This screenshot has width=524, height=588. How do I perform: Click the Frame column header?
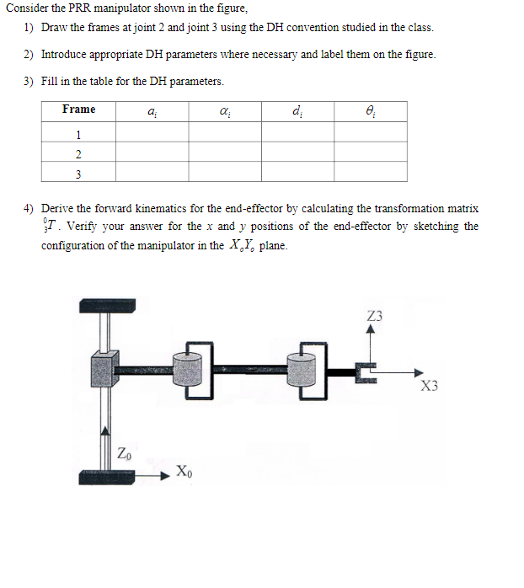(78, 110)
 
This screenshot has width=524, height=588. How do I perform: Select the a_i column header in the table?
(152, 110)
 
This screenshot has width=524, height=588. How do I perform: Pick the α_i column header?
(224, 110)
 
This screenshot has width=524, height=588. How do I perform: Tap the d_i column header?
(297, 110)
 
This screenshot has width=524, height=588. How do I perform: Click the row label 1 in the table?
(78, 133)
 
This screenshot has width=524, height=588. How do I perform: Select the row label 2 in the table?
(78, 153)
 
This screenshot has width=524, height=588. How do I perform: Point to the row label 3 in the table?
(78, 174)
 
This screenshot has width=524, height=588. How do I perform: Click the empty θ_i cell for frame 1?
(371, 133)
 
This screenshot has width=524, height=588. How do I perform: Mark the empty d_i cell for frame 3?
(297, 174)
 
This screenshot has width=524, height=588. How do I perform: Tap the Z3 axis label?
(375, 316)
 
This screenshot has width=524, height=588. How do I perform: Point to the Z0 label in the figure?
(124, 456)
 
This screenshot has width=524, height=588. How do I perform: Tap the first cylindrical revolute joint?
(189, 371)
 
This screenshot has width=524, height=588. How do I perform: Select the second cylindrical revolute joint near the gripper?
(303, 371)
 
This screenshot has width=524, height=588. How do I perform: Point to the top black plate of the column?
(107, 306)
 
